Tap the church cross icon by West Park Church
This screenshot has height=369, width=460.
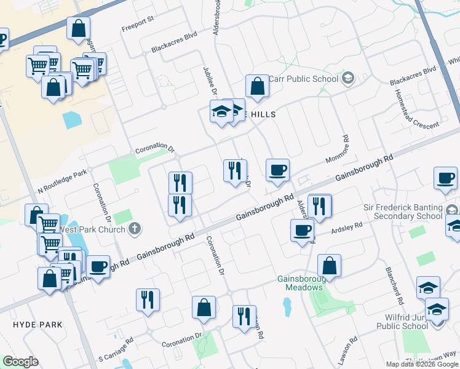pyautogui.click(x=135, y=229)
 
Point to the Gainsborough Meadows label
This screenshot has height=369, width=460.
pyautogui.click(x=300, y=283)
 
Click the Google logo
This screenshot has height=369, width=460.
pyautogui.click(x=20, y=362)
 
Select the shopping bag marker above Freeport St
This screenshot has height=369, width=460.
pyautogui.click(x=79, y=28)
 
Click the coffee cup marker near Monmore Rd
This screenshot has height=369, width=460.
pyautogui.click(x=277, y=170)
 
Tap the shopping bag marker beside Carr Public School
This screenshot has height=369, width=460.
pyautogui.click(x=257, y=87)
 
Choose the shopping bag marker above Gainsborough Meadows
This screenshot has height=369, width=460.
pyautogui.click(x=330, y=266)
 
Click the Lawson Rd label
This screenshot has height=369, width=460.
pyautogui.click(x=352, y=349)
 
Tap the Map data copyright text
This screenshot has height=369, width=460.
pyautogui.click(x=422, y=364)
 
